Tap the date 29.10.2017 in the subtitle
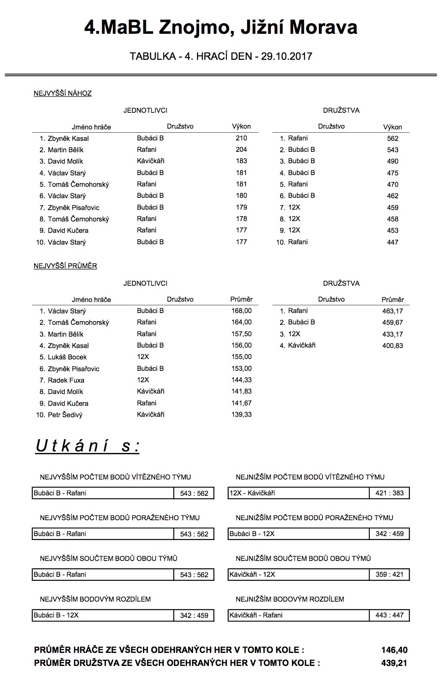(287, 56)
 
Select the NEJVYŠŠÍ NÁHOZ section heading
(62, 93)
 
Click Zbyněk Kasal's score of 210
(241, 138)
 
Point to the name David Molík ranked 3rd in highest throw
(65, 161)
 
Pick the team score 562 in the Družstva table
(393, 138)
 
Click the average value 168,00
(241, 311)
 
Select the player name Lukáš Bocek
(67, 357)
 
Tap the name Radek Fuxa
(66, 380)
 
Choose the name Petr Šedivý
(65, 415)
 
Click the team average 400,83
(393, 346)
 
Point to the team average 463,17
(393, 311)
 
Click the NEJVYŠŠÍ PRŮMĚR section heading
(65, 266)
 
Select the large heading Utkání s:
(88, 446)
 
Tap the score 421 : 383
(389, 493)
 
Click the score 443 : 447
(389, 615)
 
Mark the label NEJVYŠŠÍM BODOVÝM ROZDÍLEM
(95, 599)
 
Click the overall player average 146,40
(394, 650)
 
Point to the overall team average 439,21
(394, 663)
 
